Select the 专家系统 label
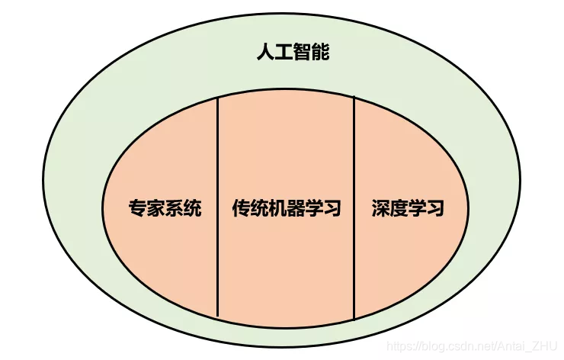(x=165, y=207)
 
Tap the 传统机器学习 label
(x=286, y=207)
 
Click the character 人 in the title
(x=264, y=53)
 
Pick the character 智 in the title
(x=302, y=53)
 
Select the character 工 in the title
(x=283, y=53)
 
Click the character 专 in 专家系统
(x=137, y=207)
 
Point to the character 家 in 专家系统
(x=155, y=207)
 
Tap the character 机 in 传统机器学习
(x=277, y=207)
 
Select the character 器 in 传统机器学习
(x=295, y=207)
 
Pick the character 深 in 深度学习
(x=380, y=207)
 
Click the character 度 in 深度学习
(x=398, y=207)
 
